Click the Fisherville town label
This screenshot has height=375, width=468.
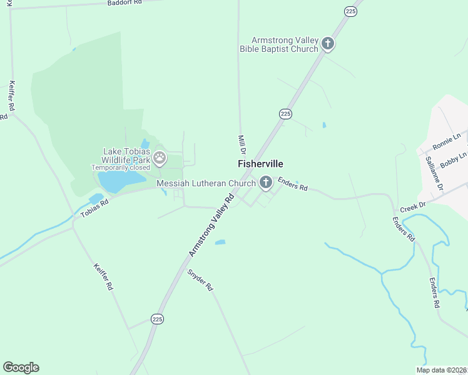(260, 164)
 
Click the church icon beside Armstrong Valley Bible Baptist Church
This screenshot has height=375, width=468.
(328, 44)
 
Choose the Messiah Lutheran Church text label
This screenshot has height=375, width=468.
(206, 183)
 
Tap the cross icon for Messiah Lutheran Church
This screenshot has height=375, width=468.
(265, 183)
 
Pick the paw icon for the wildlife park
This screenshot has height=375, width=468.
(160, 158)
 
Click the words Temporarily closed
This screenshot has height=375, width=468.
(121, 167)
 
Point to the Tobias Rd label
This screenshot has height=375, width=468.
(94, 208)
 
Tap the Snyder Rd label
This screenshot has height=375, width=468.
(200, 281)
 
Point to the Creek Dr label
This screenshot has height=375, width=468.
(413, 206)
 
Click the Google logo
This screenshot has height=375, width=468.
(21, 367)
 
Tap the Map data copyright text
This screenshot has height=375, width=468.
(442, 370)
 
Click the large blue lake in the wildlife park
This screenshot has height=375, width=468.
(119, 181)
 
